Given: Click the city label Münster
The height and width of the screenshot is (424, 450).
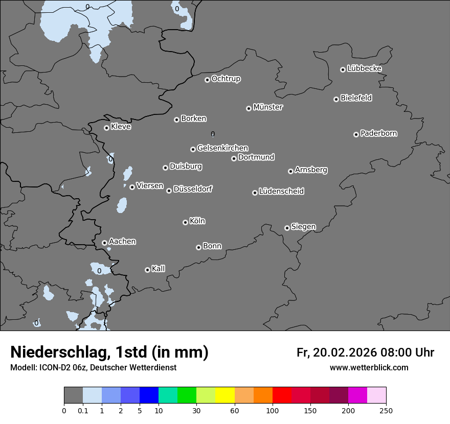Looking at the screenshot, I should pyautogui.click(x=267, y=107).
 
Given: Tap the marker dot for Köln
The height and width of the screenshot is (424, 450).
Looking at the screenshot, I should pyautogui.click(x=185, y=222).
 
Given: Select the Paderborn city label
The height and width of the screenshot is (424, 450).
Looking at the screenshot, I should pyautogui.click(x=378, y=133).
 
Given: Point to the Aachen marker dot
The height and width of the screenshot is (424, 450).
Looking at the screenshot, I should pyautogui.click(x=104, y=243).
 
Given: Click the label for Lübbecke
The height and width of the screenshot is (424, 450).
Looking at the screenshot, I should pyautogui.click(x=364, y=68).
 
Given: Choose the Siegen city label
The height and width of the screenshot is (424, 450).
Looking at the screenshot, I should pyautogui.click(x=303, y=227).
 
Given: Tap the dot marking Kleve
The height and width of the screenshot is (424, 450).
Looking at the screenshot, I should pyautogui.click(x=106, y=128).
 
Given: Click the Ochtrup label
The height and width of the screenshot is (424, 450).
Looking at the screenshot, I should pyautogui.click(x=226, y=79).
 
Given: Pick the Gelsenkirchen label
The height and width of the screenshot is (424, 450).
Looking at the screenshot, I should pyautogui.click(x=222, y=148).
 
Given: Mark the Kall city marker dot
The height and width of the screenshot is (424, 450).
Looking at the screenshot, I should pyautogui.click(x=147, y=270).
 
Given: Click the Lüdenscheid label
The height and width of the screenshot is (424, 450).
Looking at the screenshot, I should pyautogui.click(x=281, y=192).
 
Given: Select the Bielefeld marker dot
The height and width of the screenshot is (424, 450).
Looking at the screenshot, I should pyautogui.click(x=336, y=99).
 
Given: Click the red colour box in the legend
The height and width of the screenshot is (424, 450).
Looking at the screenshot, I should pyautogui.click(x=282, y=395).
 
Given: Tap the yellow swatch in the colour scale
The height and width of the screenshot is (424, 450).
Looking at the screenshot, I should pyautogui.click(x=225, y=395).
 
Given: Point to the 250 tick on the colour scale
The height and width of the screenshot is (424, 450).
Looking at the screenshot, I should pyautogui.click(x=386, y=410).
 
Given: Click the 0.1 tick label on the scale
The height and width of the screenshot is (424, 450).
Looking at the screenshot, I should pyautogui.click(x=83, y=410).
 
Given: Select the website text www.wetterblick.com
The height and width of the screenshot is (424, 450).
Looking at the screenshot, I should pyautogui.click(x=369, y=367).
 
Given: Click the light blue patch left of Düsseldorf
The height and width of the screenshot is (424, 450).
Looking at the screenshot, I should pyautogui.click(x=122, y=205).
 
